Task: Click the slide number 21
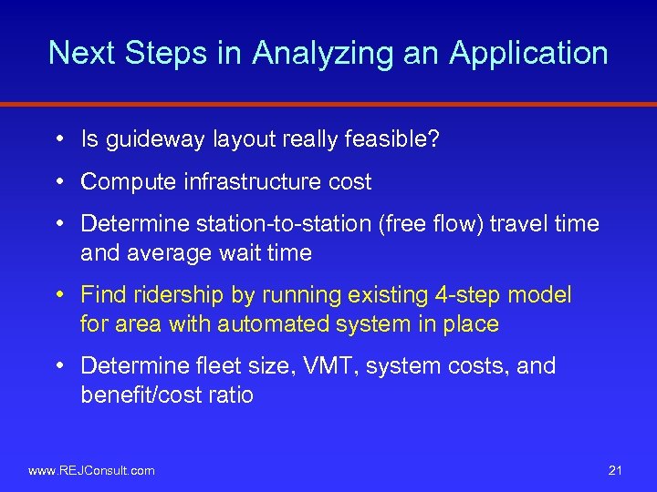pos(614,470)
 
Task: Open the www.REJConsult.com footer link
pos(92,470)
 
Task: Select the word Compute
pos(128,182)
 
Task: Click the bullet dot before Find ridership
pos(57,295)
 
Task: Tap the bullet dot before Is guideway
pos(57,139)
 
